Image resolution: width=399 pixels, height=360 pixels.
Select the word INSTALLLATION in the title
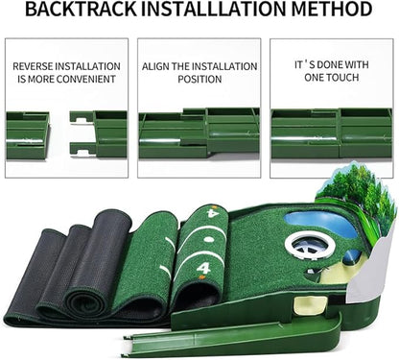coord(219,12)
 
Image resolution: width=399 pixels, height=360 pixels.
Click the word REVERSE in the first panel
coord(35,66)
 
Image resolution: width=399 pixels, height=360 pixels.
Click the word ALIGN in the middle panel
coord(159,66)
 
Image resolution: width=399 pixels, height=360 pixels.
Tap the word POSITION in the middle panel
coord(199,81)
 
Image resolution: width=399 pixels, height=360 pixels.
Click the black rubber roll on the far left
coord(38,278)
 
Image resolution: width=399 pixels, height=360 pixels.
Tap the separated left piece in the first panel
coord(27,134)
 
